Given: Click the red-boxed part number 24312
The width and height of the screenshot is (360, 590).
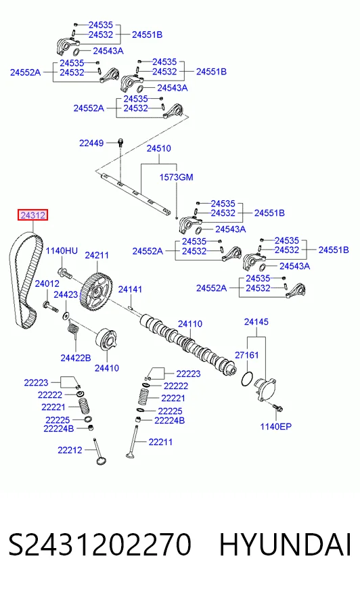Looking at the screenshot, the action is (x=33, y=215).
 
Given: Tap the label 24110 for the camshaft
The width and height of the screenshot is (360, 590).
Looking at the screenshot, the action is (x=190, y=323).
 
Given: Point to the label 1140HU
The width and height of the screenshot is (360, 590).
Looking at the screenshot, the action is (x=62, y=250).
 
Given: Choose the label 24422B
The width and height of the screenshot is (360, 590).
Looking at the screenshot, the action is (x=76, y=358).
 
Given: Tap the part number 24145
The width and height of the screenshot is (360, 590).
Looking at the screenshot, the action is (x=256, y=321).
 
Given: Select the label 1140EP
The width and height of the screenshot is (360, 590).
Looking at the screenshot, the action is (x=275, y=426).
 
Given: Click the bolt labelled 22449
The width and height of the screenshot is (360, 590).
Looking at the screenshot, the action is (x=120, y=143).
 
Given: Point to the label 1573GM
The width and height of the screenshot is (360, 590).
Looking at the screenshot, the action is (x=176, y=177).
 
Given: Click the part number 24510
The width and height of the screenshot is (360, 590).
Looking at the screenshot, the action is (x=159, y=148).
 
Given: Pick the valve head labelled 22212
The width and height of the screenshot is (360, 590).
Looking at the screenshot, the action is (x=100, y=461).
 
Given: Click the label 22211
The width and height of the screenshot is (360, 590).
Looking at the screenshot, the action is (x=160, y=442).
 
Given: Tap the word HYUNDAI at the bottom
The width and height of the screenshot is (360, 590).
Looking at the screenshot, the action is (x=285, y=545).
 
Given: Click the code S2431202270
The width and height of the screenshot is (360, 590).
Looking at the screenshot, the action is (x=100, y=545).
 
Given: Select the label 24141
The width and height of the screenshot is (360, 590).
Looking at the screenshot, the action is (x=130, y=290).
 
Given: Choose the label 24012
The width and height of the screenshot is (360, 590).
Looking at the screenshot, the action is (x=47, y=283).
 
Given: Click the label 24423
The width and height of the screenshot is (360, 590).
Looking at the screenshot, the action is (x=66, y=294).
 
